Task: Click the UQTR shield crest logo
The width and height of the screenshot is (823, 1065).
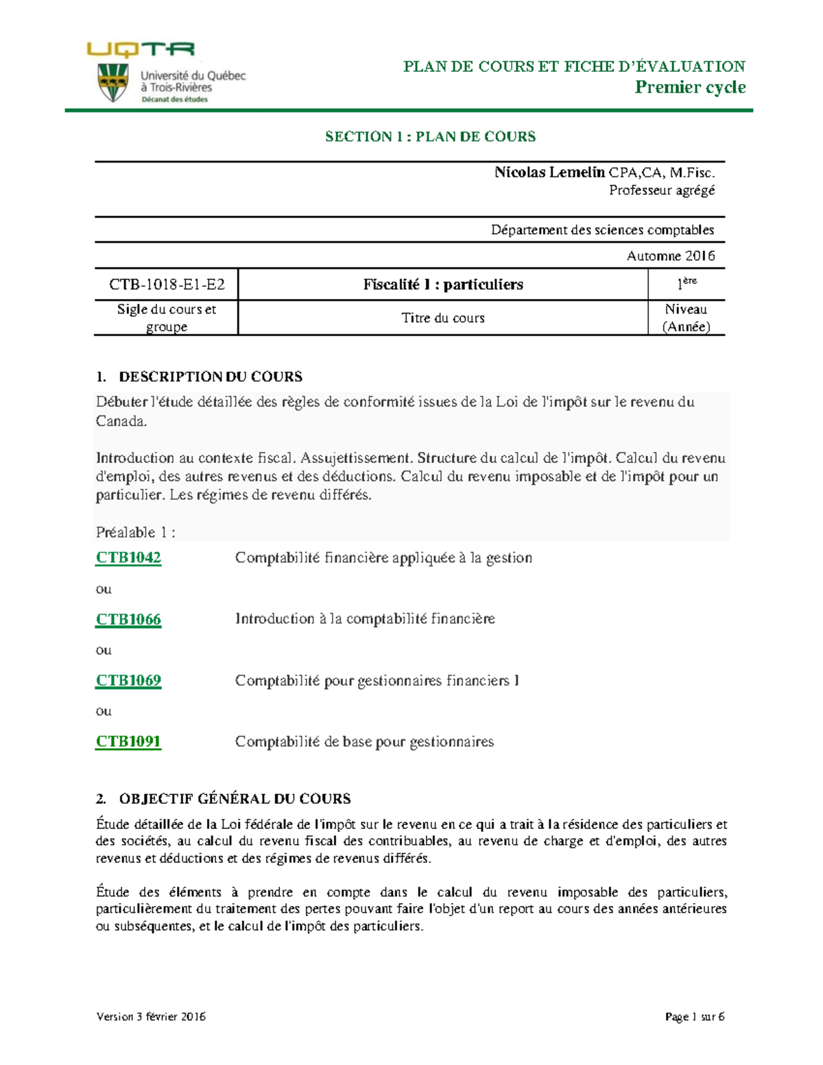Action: point(113,82)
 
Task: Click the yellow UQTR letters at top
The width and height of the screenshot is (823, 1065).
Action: point(141,49)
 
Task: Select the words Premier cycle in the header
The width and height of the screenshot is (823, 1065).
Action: point(689,87)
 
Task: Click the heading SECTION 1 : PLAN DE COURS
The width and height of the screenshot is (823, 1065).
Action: point(430,136)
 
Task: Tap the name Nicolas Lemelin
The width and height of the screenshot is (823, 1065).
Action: point(549,172)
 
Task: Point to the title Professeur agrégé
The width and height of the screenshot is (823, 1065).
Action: point(661,191)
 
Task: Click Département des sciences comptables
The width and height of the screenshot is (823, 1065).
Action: point(602,230)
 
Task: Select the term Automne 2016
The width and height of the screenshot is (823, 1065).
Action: point(670,256)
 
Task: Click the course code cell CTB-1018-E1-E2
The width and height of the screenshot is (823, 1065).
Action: point(167,284)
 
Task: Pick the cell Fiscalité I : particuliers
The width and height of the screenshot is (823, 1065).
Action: point(443,284)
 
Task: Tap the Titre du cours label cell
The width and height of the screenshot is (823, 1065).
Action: point(443,318)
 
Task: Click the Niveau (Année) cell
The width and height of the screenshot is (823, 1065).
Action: point(686,318)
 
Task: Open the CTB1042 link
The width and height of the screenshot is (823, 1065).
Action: point(128,558)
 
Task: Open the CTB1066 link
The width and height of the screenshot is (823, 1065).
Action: point(128,619)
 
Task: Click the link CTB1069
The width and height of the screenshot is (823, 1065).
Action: point(128,680)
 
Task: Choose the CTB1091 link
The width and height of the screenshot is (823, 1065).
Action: point(128,741)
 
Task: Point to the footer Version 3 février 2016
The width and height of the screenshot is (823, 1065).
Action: point(151,1016)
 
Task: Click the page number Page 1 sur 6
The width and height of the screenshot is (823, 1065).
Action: point(694,1016)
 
